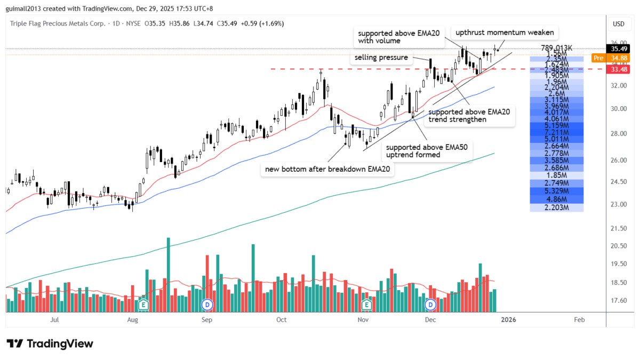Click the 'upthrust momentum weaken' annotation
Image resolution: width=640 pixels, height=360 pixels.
pyautogui.click(x=504, y=33)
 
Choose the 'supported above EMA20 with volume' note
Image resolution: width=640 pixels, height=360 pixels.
pyautogui.click(x=398, y=37)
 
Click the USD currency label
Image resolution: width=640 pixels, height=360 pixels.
pyautogui.click(x=619, y=24)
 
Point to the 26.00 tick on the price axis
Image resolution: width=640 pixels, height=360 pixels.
pyautogui.click(x=619, y=160)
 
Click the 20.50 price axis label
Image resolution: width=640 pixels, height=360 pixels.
pyautogui.click(x=619, y=246)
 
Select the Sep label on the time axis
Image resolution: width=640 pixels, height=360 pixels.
pyautogui.click(x=207, y=320)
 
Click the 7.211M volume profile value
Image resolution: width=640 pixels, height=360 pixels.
pyautogui.click(x=557, y=131)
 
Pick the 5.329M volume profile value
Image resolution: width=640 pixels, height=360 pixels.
pyautogui.click(x=557, y=191)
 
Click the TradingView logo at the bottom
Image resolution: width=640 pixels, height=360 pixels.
pyautogui.click(x=50, y=343)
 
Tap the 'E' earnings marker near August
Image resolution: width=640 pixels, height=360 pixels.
pyautogui.click(x=143, y=305)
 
